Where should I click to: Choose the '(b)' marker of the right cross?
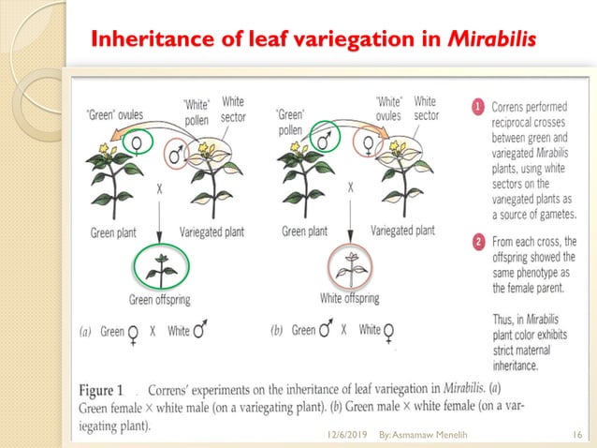276,331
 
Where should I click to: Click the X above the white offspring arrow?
351,187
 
